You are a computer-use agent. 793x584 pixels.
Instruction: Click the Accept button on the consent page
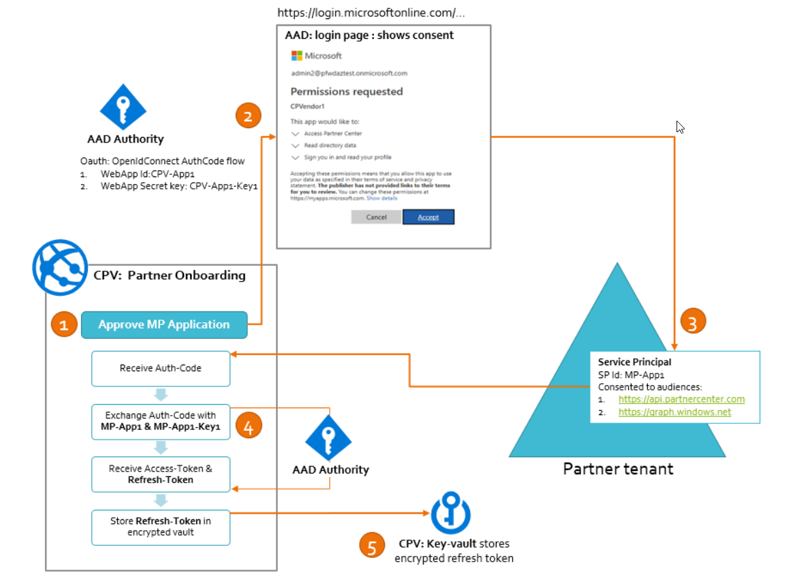tap(428, 217)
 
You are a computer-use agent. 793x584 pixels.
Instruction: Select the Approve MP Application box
tap(164, 324)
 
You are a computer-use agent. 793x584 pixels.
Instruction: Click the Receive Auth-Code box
tap(161, 368)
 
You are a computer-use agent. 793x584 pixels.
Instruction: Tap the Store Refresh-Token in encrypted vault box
tap(161, 527)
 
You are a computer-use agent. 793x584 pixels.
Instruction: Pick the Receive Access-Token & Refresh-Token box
tap(161, 474)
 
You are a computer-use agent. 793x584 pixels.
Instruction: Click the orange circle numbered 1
tap(64, 326)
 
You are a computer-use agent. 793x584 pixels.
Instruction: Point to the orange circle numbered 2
tap(248, 116)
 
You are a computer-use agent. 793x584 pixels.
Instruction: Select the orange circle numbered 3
tap(693, 322)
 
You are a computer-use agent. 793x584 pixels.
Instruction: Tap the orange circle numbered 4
tap(249, 426)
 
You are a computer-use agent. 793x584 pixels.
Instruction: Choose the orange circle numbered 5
tap(372, 547)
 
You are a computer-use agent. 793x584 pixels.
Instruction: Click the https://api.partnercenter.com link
tap(681, 399)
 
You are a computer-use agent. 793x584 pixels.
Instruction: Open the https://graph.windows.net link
tap(674, 412)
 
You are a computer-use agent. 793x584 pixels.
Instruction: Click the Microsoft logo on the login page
tap(297, 55)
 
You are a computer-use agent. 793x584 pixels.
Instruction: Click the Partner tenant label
tap(618, 470)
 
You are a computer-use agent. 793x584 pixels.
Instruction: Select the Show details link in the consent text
tap(382, 198)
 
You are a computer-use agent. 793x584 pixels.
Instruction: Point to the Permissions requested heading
tap(347, 91)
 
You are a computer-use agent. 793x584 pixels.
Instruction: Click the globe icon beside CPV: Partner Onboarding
tap(60, 266)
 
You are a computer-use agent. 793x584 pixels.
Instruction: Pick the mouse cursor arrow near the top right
tap(679, 127)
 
